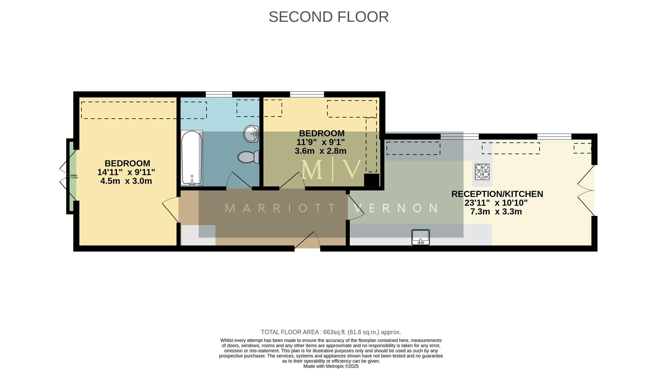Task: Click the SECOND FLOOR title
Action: tap(328, 17)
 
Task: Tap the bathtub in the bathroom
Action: tap(192, 157)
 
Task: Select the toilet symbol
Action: tap(248, 157)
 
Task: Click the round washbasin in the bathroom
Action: tap(251, 134)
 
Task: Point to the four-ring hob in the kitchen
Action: tap(482, 172)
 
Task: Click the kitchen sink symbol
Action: tap(421, 237)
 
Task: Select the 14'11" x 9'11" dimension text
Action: tap(126, 172)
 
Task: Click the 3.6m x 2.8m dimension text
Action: tap(320, 151)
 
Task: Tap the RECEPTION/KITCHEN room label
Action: tap(497, 194)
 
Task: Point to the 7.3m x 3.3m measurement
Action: tap(496, 212)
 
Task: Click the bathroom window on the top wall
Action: tap(219, 94)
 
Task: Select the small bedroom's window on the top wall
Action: tap(307, 94)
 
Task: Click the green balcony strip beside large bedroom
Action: tap(70, 176)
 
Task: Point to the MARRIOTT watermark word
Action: tap(280, 208)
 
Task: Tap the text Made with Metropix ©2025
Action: tap(331, 366)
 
